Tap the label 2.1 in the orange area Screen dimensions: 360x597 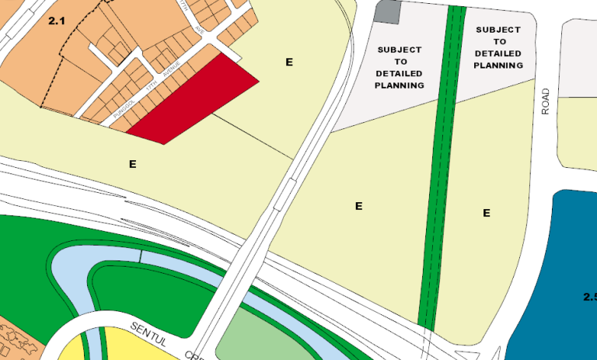tap(56, 22)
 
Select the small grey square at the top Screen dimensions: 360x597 tap(388, 11)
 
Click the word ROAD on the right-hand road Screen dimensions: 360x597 tap(546, 101)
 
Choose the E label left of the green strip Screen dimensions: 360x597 tap(359, 206)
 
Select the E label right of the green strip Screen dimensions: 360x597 tap(487, 212)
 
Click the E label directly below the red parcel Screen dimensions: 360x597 tap(132, 164)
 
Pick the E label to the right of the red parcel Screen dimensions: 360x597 tap(289, 61)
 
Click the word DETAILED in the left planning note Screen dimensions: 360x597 tap(399, 73)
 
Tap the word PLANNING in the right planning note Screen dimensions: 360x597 tap(499, 65)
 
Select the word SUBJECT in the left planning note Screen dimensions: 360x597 tap(399, 50)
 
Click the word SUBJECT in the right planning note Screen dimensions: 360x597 tap(499, 30)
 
